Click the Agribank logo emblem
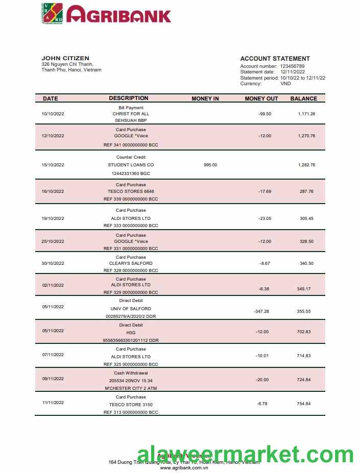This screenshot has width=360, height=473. pyautogui.click(x=52, y=14)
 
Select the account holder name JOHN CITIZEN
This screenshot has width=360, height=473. pyautogui.click(x=65, y=58)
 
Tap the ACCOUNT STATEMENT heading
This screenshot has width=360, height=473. pyautogui.click(x=275, y=59)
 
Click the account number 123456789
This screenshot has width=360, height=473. pyautogui.click(x=292, y=66)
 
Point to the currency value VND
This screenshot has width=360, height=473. pyautogui.click(x=286, y=84)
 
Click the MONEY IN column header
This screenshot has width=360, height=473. pyautogui.click(x=205, y=98)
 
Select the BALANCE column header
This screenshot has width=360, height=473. pyautogui.click(x=303, y=98)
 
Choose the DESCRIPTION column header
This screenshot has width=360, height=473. pyautogui.click(x=129, y=98)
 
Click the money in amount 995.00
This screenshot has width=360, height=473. pyautogui.click(x=210, y=165)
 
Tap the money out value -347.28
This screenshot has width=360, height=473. pyautogui.click(x=261, y=311)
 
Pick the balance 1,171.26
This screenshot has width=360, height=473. pyautogui.click(x=306, y=114)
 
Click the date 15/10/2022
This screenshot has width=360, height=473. pyautogui.click(x=53, y=165)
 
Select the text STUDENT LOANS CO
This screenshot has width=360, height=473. pyautogui.click(x=131, y=165)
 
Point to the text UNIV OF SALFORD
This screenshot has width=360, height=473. pyautogui.click(x=131, y=309)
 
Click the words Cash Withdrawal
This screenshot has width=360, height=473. pyautogui.click(x=131, y=373)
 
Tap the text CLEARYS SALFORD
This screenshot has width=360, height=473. pyautogui.click(x=131, y=263)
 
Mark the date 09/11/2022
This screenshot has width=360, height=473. pyautogui.click(x=53, y=379)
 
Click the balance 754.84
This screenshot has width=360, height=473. pyautogui.click(x=304, y=404)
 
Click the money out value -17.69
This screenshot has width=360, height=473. pyautogui.click(x=265, y=191)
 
